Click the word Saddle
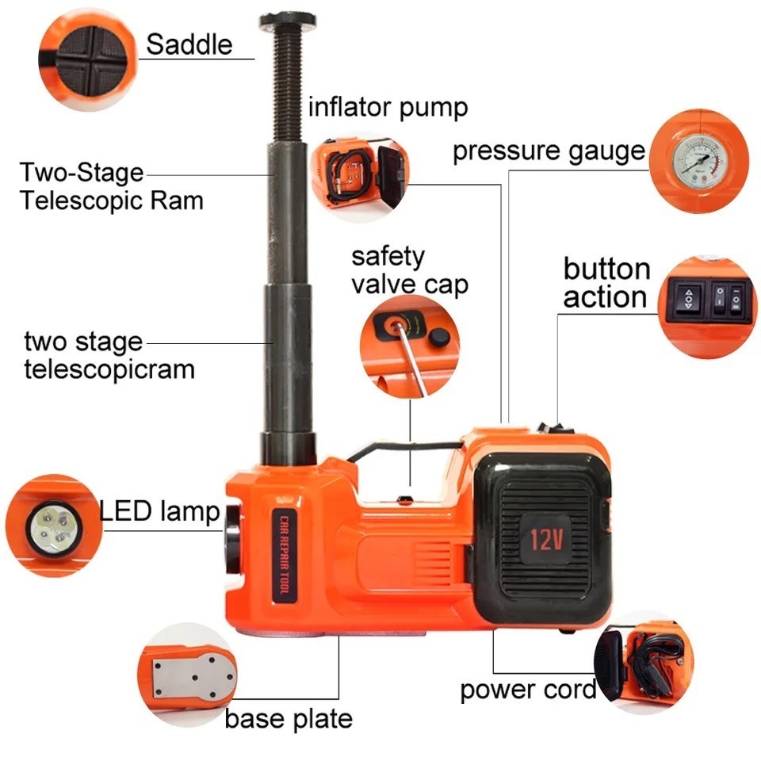189,44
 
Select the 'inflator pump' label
388,107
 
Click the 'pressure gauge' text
549,151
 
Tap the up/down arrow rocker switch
689,300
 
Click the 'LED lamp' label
159,511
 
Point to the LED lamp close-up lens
54,528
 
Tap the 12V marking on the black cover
546,539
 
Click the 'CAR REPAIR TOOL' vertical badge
285,556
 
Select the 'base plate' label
289,719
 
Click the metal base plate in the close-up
193,678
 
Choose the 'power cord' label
528,690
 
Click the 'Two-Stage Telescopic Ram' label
111,187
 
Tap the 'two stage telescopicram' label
109,356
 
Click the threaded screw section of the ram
289,86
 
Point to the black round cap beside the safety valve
438,337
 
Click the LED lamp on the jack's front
234,540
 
